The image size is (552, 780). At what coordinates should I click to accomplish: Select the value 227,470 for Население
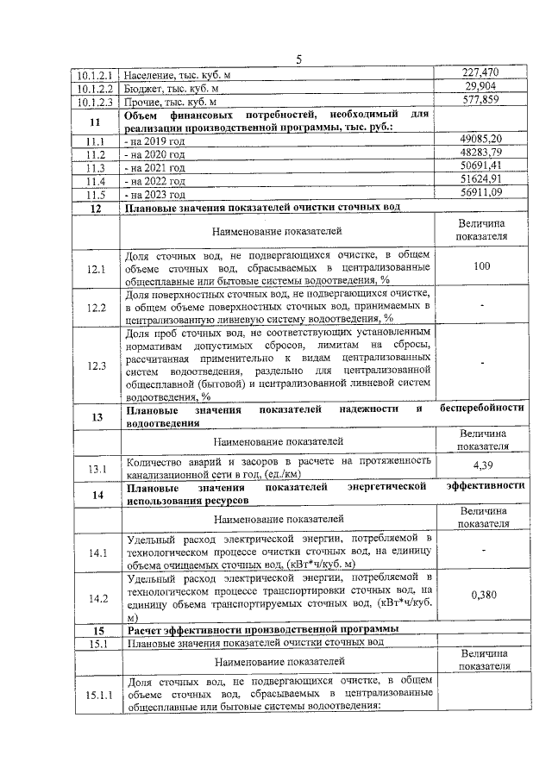point(482,74)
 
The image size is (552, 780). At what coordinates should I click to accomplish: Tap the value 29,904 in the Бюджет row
point(482,88)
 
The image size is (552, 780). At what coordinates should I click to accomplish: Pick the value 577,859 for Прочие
point(482,102)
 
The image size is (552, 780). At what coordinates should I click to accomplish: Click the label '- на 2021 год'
point(155,167)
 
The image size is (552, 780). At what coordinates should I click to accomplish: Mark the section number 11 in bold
point(96,121)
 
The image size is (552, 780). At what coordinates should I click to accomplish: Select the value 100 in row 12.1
point(482,267)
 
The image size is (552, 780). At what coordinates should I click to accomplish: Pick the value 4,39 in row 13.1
point(482,466)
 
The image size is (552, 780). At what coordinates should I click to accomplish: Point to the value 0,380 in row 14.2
point(482,594)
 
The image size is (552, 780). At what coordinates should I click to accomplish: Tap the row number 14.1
point(96,552)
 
